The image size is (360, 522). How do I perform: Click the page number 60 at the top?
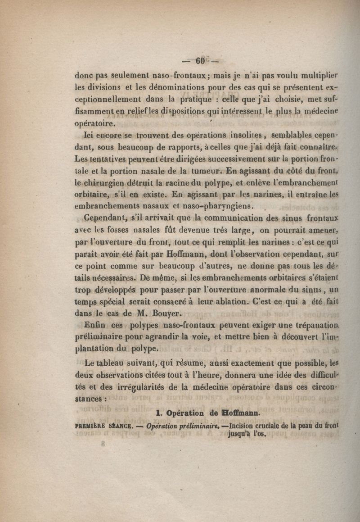tap(200, 60)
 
